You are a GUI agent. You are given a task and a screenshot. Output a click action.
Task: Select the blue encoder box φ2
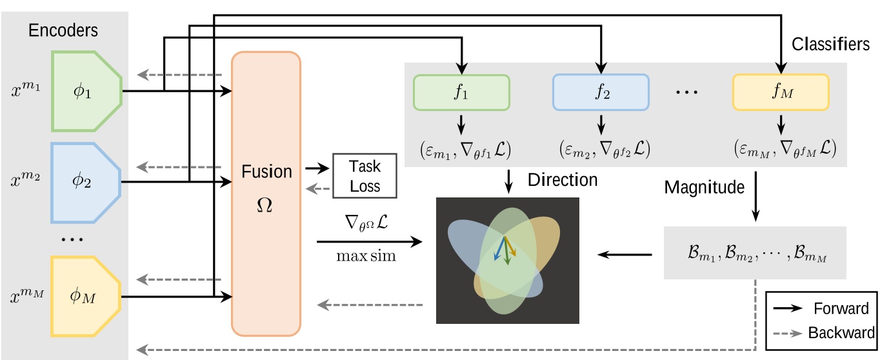pyautogui.click(x=86, y=180)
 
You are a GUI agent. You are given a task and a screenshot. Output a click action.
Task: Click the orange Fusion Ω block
pyautogui.click(x=266, y=194)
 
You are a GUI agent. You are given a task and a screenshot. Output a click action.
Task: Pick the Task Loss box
pyautogui.click(x=365, y=175)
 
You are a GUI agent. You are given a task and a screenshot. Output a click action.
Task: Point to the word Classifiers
pyautogui.click(x=830, y=45)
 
